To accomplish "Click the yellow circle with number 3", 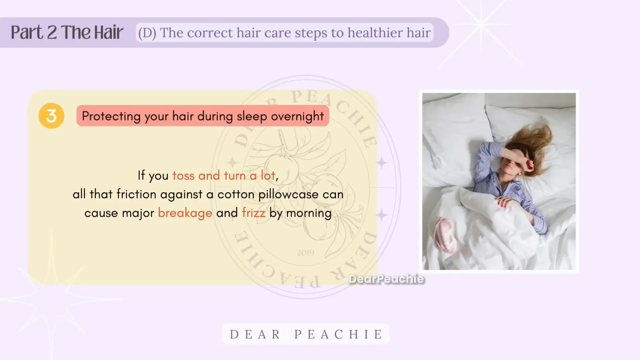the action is [x=51, y=116].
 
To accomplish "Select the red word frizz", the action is [x=254, y=213].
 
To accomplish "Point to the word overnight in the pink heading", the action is [x=297, y=117].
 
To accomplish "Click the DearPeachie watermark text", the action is [x=387, y=279].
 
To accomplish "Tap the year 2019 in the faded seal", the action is [x=306, y=253].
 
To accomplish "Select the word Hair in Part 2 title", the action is [x=108, y=32].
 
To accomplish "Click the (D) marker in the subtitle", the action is [x=147, y=33].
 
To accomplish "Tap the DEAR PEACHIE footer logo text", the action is [x=306, y=334].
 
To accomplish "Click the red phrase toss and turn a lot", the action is [x=224, y=176].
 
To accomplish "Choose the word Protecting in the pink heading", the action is [x=111, y=117].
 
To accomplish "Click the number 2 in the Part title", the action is [x=52, y=33].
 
